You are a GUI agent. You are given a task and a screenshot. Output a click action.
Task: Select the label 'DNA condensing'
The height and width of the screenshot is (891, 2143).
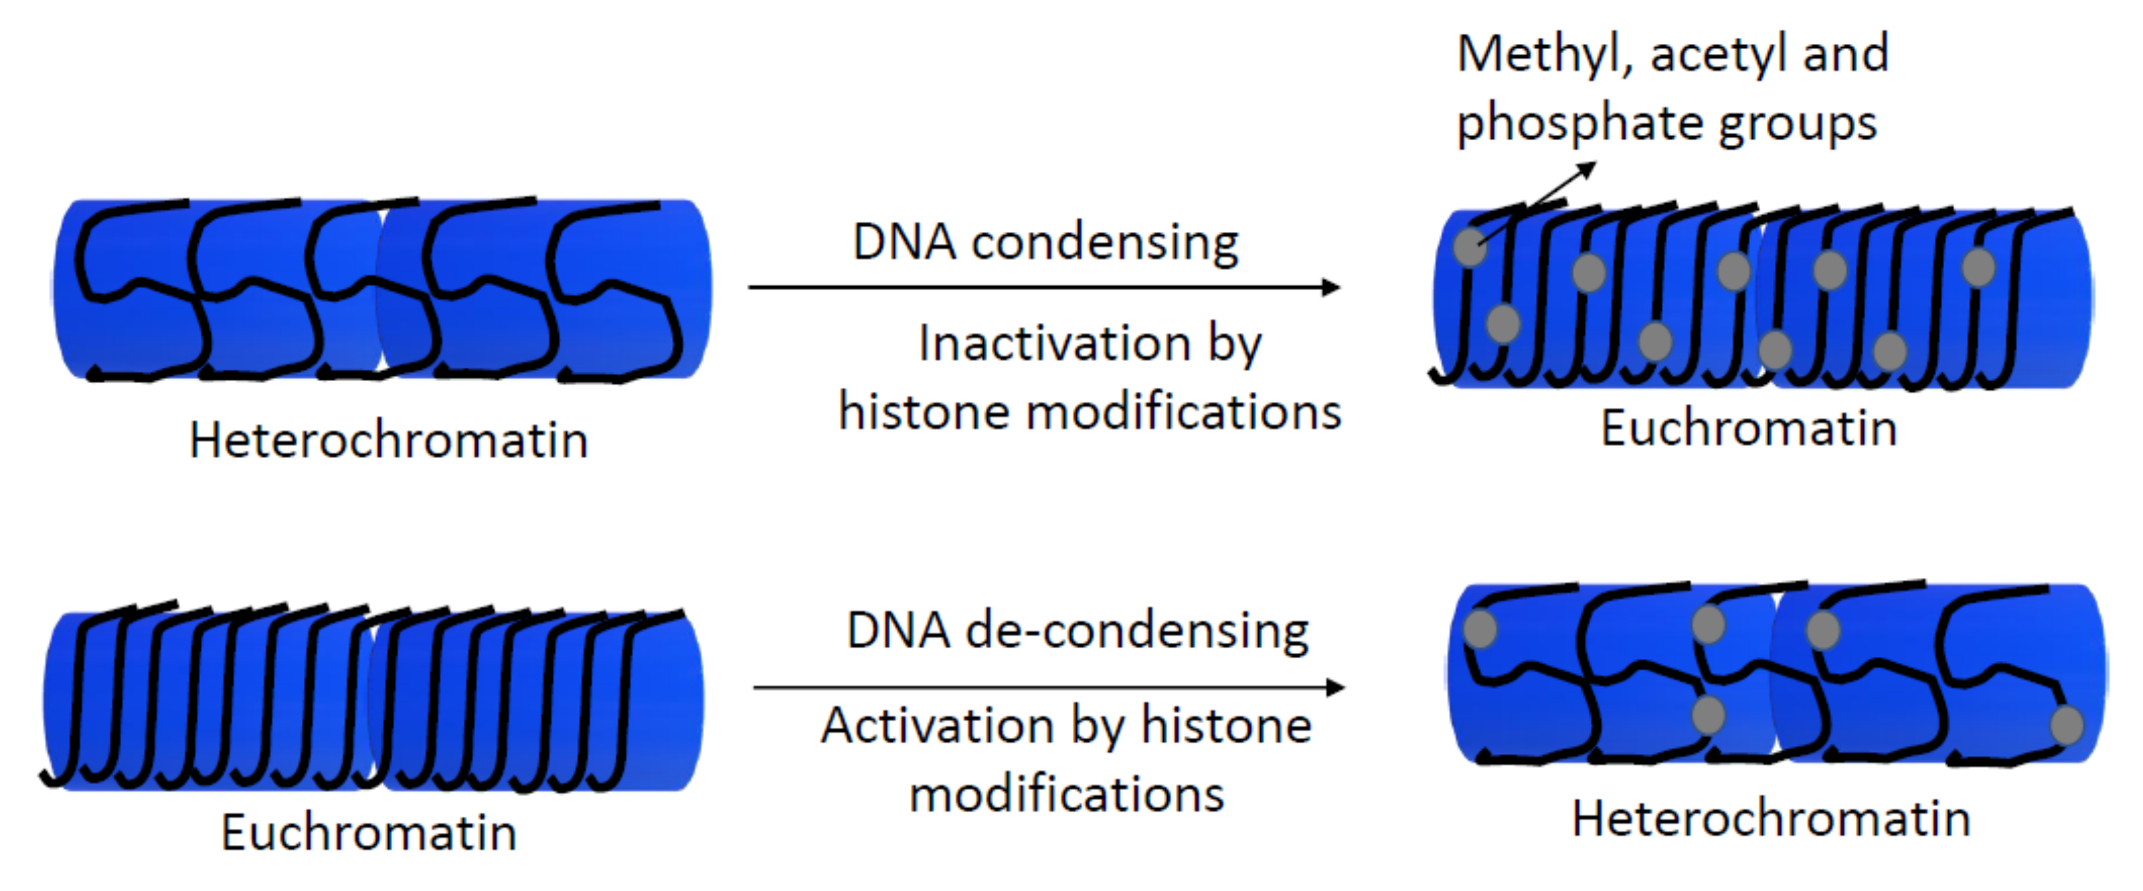pyautogui.click(x=1046, y=243)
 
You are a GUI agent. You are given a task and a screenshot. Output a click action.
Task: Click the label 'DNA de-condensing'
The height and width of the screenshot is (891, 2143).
pyautogui.click(x=1077, y=630)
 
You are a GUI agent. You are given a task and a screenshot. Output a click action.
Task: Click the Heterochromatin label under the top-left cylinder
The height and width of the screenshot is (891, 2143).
pyautogui.click(x=388, y=440)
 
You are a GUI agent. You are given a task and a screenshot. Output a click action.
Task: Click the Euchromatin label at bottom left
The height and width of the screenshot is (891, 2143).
pyautogui.click(x=368, y=832)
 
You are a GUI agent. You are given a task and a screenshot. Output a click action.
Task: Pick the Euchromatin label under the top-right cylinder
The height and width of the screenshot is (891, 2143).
pyautogui.click(x=1749, y=430)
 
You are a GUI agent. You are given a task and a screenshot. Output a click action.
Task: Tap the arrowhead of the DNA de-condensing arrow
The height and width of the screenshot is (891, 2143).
pyautogui.click(x=1336, y=687)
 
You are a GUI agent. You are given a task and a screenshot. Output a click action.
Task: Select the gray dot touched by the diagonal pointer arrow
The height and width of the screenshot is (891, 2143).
pyautogui.click(x=1470, y=247)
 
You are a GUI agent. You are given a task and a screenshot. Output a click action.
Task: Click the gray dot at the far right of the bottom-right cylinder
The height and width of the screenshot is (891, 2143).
pyautogui.click(x=2067, y=724)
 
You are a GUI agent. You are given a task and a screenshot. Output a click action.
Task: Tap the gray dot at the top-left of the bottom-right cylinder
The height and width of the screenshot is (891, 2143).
pyautogui.click(x=1480, y=629)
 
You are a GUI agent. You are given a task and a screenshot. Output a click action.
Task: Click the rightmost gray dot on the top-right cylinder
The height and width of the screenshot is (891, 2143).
pyautogui.click(x=1978, y=268)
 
